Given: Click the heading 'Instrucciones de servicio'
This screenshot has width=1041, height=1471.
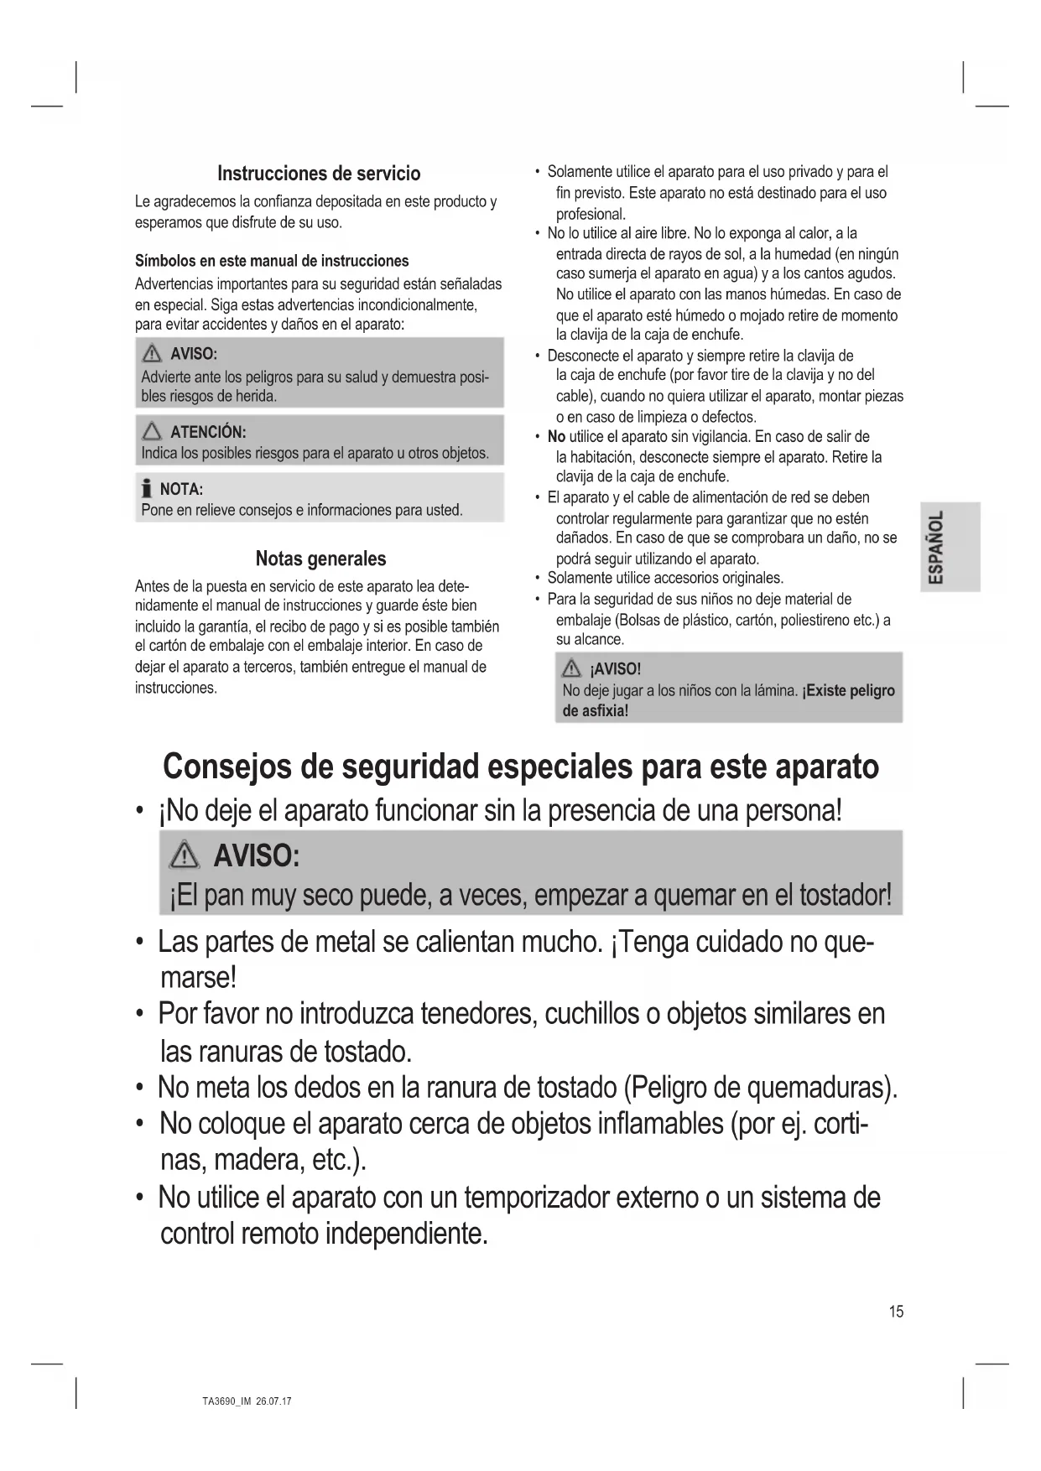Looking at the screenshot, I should click(x=319, y=174).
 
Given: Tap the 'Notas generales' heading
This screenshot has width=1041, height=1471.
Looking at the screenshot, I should click(x=320, y=559).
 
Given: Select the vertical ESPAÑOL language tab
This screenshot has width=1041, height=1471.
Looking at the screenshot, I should click(x=937, y=547).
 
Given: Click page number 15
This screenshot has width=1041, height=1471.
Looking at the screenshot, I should click(x=896, y=1312).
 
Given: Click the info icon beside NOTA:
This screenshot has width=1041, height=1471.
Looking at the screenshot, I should click(x=147, y=488).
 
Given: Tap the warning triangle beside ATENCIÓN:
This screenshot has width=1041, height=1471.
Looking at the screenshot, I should click(x=152, y=432).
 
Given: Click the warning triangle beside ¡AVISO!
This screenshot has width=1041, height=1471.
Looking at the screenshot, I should click(x=572, y=669).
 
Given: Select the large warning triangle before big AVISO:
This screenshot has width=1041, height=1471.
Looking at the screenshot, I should click(x=182, y=855).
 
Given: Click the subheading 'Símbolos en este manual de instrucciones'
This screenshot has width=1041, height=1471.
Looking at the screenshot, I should click(x=272, y=261).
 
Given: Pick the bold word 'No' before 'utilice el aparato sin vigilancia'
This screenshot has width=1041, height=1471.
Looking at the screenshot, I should click(x=556, y=437).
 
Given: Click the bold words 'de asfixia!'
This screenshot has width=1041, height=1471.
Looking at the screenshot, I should click(x=595, y=710).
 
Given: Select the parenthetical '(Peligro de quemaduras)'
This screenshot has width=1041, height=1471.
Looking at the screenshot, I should click(x=760, y=1088).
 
